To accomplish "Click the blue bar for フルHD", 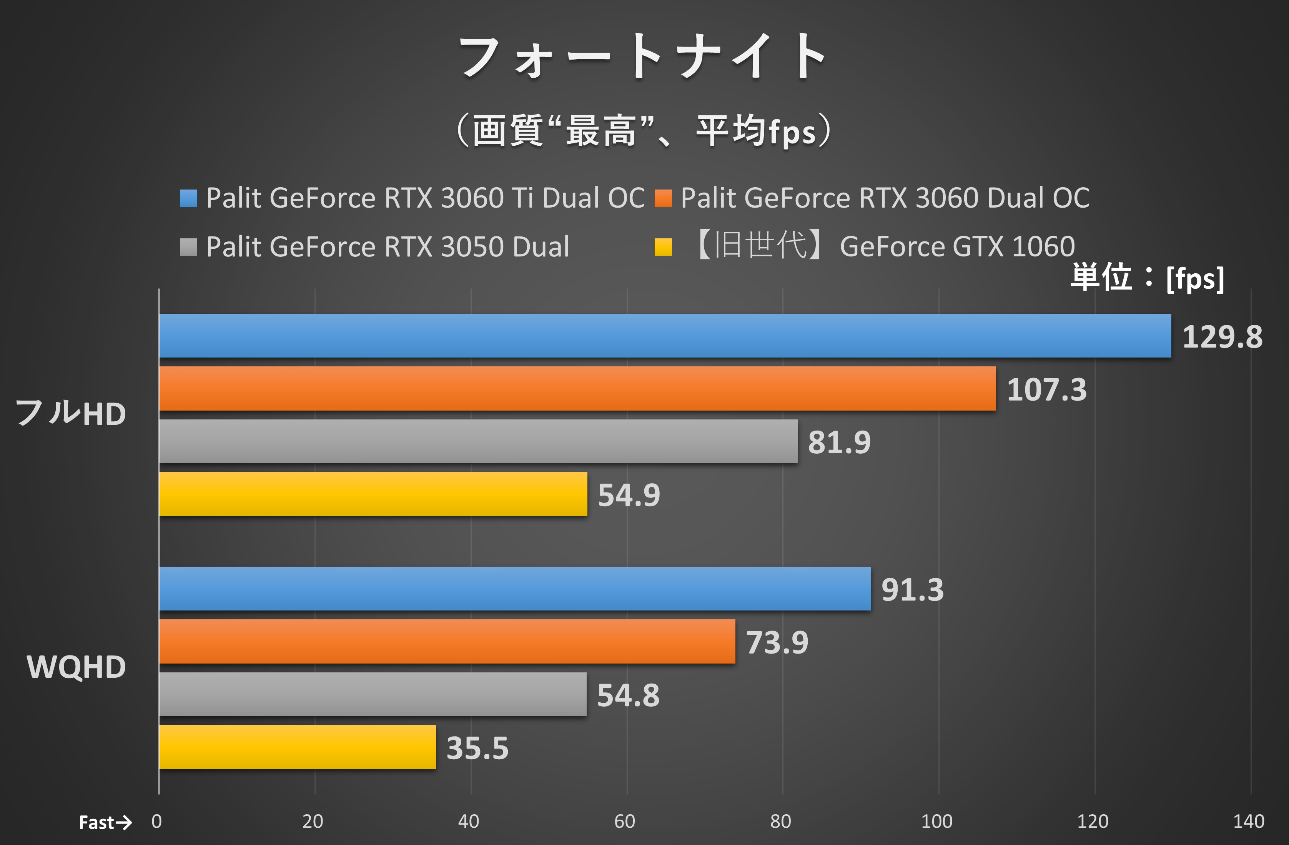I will coord(665,336).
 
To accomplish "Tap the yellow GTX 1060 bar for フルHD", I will coord(373,494).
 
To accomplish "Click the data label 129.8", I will coord(1222,337).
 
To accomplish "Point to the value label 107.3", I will coord(1046,389).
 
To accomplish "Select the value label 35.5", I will coord(477,748).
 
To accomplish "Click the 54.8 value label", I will coord(628,695).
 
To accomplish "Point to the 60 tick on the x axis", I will coord(624,822).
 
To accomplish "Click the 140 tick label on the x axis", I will coord(1248,822).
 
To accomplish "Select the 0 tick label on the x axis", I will coord(156,822).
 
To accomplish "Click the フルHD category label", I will coord(70,414).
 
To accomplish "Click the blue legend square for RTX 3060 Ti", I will coord(188,198).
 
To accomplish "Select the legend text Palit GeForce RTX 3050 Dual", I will coord(387,247).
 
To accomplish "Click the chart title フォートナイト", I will coord(644,57).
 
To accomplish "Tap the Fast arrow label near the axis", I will coord(105,823).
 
